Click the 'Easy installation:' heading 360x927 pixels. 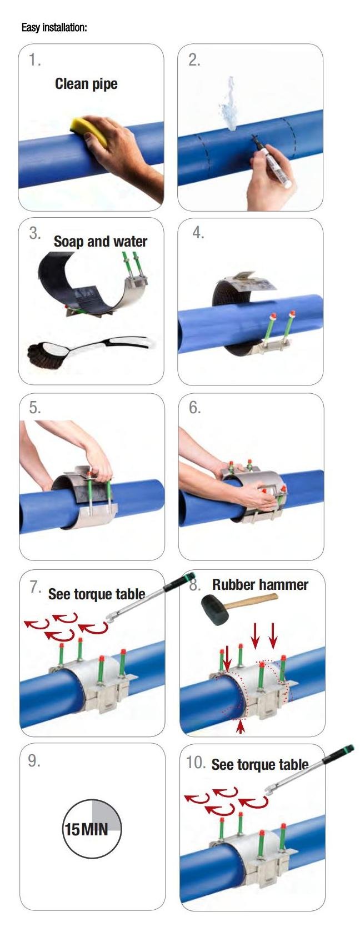point(54,28)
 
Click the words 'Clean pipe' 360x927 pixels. point(86,84)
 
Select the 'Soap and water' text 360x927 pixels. point(100,241)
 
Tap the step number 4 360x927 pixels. point(198,233)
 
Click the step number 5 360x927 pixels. point(35,408)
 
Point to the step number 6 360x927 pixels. point(194,408)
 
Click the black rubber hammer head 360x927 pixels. point(215,610)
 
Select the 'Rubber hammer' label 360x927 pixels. point(260,585)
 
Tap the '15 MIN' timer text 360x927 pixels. point(87,829)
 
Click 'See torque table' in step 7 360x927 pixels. point(97,594)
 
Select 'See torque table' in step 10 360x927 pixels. point(260,764)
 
